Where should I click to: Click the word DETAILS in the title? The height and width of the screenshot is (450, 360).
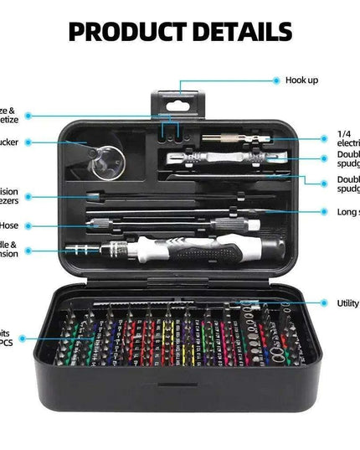242,33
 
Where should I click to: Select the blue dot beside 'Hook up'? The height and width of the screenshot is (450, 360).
276,80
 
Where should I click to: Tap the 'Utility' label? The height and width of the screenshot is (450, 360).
347,303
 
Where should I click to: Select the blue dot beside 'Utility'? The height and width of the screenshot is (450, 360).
322,303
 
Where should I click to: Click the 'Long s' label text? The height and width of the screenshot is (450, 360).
348,212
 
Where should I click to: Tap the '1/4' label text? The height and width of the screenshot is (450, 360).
343,134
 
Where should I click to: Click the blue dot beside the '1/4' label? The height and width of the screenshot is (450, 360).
323,139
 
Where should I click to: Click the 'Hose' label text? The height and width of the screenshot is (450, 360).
9,225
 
